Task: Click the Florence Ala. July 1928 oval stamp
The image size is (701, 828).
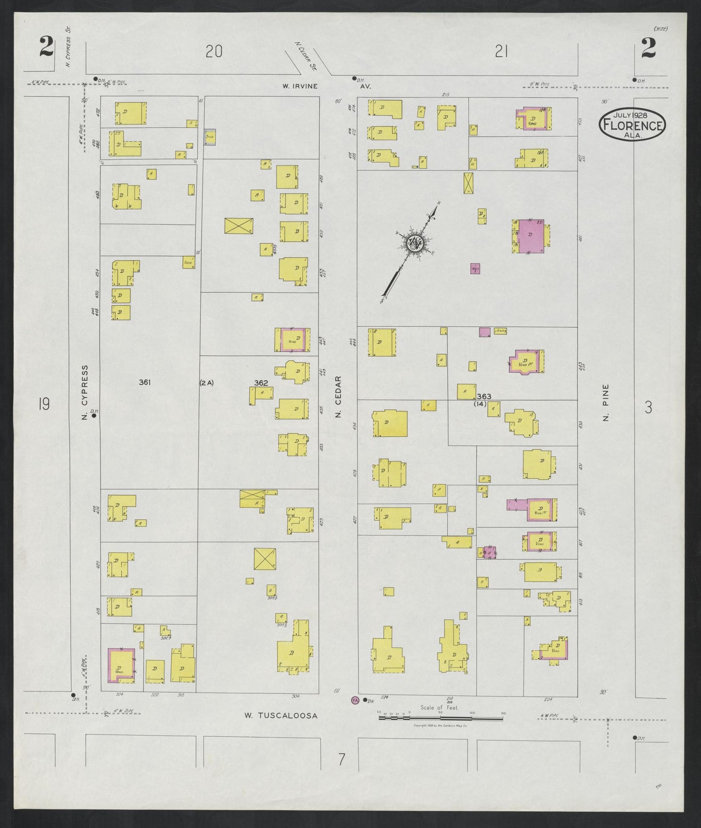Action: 633,125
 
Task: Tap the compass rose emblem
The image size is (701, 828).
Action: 415,242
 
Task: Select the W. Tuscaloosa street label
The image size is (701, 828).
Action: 281,715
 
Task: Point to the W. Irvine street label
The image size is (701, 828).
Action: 301,86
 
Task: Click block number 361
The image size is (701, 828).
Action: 145,382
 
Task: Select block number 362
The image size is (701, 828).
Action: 261,383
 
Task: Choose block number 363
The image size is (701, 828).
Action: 484,396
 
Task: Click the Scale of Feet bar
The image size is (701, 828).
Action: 440,716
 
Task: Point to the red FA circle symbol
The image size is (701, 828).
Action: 355,700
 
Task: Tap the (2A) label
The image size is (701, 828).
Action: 207,383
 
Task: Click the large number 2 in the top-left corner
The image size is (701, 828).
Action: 47,49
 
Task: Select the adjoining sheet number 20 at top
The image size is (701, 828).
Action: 213,51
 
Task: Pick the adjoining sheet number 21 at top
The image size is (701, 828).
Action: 501,51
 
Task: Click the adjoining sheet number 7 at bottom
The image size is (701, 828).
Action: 342,759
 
